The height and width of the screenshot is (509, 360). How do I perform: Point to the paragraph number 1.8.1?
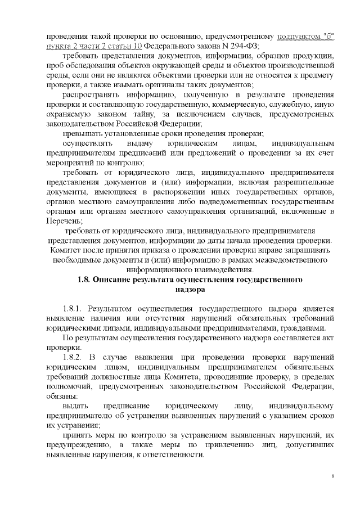[73, 309]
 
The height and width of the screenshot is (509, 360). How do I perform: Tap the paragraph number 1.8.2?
[73, 357]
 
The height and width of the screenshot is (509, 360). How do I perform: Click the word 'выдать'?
[75, 406]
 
